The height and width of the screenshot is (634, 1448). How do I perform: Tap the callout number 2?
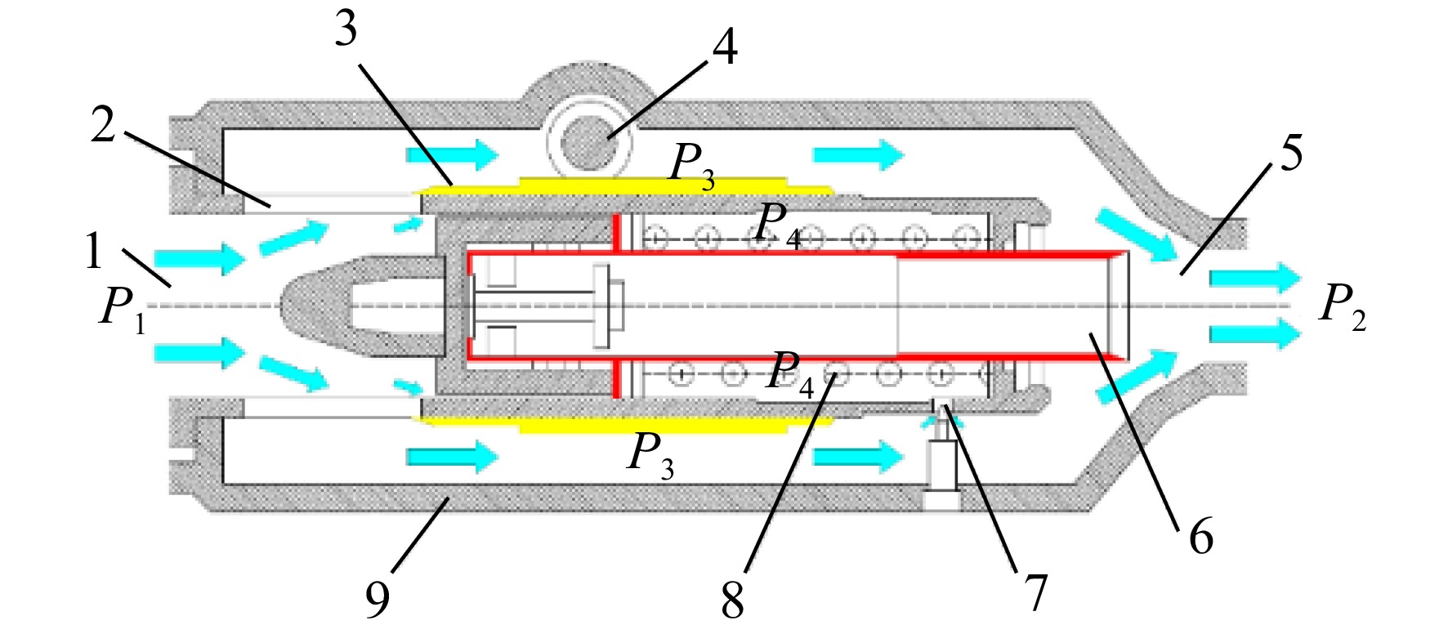(x=104, y=126)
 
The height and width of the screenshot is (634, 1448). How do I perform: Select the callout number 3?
(x=346, y=29)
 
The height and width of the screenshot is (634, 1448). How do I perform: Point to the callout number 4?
(x=725, y=47)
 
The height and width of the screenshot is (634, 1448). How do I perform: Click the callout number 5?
(x=1292, y=153)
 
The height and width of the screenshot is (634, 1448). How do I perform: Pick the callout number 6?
(x=1201, y=537)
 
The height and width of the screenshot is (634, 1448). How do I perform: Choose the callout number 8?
(x=733, y=601)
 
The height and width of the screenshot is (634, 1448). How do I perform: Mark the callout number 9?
(x=378, y=600)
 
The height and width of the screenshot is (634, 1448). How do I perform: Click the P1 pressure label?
(x=123, y=310)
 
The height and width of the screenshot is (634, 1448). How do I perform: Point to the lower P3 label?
(x=650, y=454)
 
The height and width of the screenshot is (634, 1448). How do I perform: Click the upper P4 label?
(x=779, y=223)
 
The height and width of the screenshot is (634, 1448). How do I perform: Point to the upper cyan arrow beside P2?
(x=1254, y=279)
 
